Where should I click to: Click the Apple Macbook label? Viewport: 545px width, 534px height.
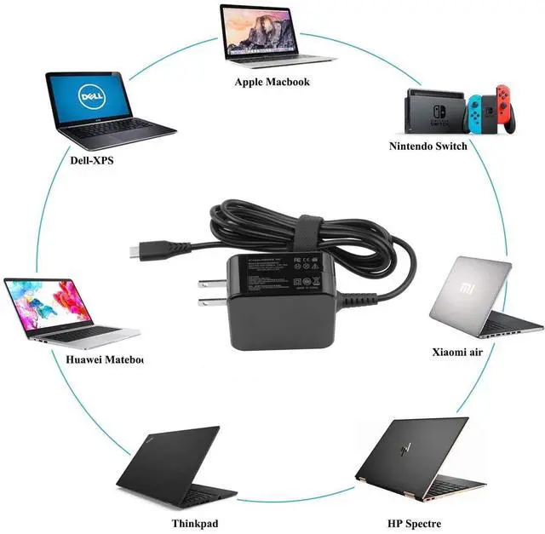coord(272,82)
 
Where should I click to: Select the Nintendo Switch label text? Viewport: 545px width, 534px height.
coord(427,146)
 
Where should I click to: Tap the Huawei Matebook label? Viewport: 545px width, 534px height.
coord(105,359)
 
